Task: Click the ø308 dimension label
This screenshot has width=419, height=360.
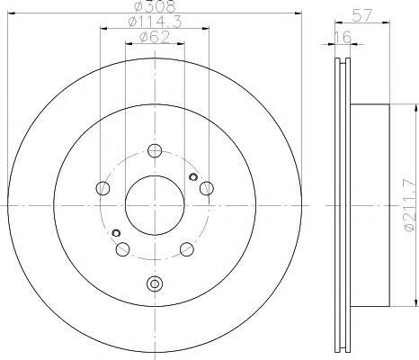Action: (x=154, y=7)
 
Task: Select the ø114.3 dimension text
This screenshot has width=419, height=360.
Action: (x=153, y=22)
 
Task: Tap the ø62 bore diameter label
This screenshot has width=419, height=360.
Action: (x=154, y=37)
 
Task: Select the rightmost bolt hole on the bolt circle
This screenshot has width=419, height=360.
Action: (x=206, y=187)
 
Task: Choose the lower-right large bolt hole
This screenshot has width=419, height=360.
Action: (x=186, y=249)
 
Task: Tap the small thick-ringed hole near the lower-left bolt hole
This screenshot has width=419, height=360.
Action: (x=116, y=233)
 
